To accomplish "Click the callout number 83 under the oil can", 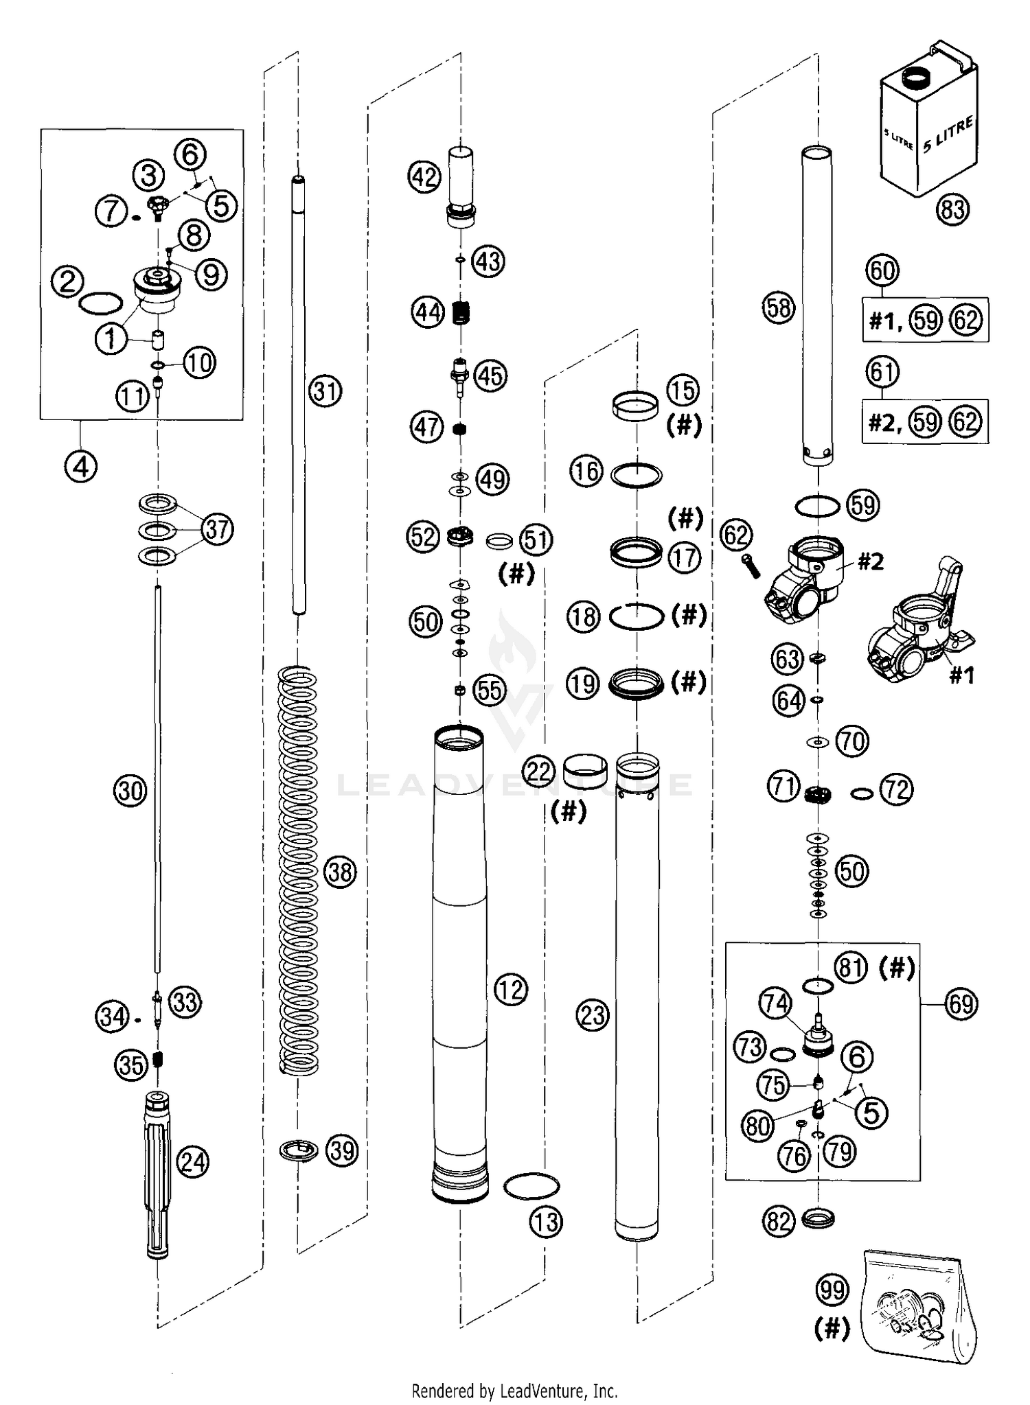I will [x=952, y=209].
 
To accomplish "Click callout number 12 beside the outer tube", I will [x=510, y=990].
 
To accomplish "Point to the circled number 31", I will [x=325, y=391].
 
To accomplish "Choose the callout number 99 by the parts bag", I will [x=832, y=1290].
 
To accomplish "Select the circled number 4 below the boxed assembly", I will [x=81, y=467].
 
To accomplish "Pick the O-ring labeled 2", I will [x=102, y=303].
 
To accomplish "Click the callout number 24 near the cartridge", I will [x=193, y=1163].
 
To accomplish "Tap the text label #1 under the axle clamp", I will [x=961, y=676].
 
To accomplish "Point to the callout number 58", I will [x=779, y=308].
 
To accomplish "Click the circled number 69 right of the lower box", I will [x=961, y=1004].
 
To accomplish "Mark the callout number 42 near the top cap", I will [x=424, y=177].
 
